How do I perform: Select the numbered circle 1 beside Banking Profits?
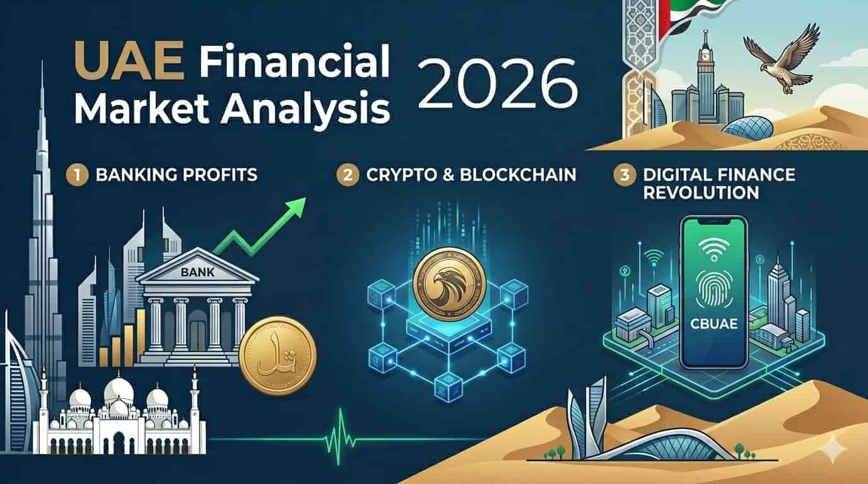tap(75, 174)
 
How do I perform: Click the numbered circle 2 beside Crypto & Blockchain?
tap(347, 175)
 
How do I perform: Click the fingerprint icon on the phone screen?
tap(717, 286)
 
